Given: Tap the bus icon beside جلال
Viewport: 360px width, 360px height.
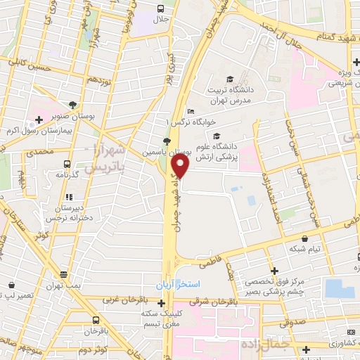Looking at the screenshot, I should click(x=162, y=9).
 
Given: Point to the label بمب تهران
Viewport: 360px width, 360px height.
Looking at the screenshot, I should click(x=64, y=286).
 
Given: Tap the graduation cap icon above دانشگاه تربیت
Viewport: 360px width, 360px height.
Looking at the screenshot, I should click(x=230, y=79).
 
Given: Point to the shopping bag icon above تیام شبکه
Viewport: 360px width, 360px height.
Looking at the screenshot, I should click(x=304, y=239).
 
